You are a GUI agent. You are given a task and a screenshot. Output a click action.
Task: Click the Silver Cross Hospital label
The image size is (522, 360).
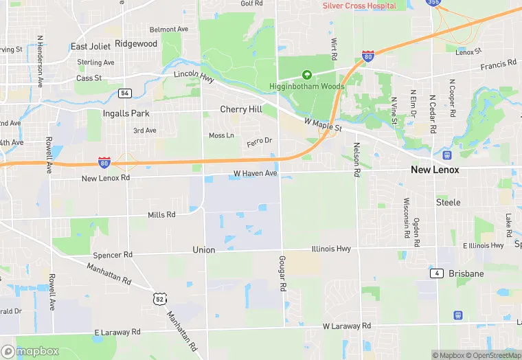(x=359, y=5)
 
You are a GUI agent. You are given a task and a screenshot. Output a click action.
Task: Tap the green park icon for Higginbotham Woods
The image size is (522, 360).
(x=307, y=74)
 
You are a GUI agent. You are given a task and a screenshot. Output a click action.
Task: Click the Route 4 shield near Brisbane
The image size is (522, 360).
(x=436, y=273)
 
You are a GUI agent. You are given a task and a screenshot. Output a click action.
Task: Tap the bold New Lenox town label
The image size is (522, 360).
(x=435, y=169)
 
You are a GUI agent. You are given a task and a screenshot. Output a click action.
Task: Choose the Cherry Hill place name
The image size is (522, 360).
(x=241, y=109)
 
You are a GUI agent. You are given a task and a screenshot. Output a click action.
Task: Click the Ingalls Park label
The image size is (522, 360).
(x=126, y=113)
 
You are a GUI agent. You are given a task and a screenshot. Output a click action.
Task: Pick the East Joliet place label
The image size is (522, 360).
(x=89, y=47)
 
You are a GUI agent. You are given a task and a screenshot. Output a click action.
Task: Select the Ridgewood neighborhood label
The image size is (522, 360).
(x=136, y=43)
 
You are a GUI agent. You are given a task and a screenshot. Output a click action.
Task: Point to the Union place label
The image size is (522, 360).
(x=204, y=250)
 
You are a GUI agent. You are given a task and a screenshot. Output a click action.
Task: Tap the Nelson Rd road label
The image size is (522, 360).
(x=356, y=159)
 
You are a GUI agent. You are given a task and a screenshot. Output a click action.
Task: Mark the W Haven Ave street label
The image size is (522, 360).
(x=255, y=173)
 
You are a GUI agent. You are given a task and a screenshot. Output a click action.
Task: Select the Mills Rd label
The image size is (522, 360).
(x=162, y=215)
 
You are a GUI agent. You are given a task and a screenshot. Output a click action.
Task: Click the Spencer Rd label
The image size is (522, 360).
(x=113, y=255)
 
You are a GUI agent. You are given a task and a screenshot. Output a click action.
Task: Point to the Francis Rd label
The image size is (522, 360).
(x=498, y=65)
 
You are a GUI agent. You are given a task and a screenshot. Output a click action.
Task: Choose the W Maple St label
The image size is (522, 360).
(x=324, y=124)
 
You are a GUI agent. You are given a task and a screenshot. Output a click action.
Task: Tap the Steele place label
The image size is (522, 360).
(x=448, y=203)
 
